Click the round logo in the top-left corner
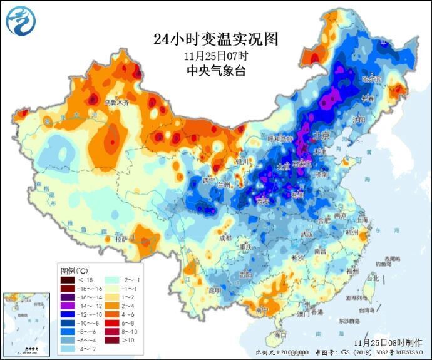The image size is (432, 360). coord(21,20)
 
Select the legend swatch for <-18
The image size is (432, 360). coord(68,280)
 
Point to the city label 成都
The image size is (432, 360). coord(225,238)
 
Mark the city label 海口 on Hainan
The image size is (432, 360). coord(280,336)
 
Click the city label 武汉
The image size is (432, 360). coord(306,234)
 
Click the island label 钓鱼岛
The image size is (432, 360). coord(393,264)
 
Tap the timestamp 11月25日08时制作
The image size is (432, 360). coord(386,343)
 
